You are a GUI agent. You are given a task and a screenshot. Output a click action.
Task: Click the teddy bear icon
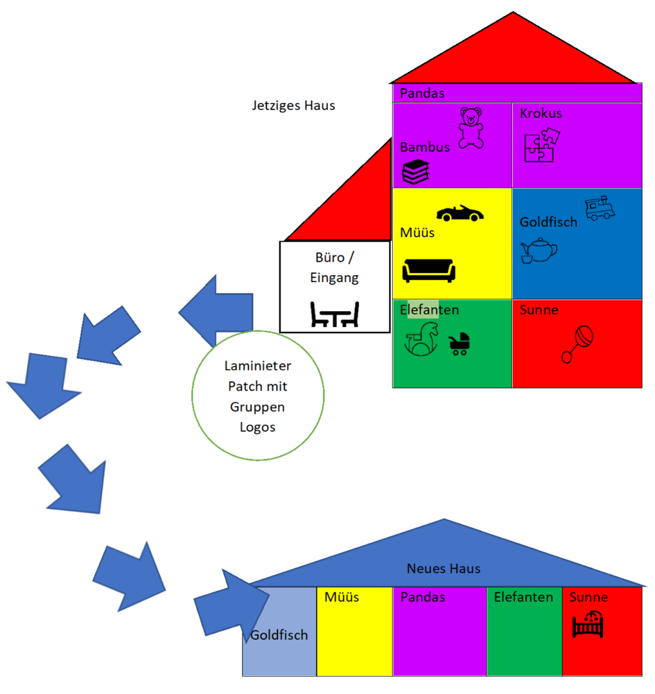(471, 127)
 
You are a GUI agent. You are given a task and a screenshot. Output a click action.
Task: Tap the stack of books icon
(416, 172)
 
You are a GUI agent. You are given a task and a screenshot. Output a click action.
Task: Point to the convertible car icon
(460, 213)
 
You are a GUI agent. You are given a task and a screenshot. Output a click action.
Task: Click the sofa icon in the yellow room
(429, 269)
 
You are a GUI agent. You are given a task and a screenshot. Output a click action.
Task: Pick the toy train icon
(600, 208)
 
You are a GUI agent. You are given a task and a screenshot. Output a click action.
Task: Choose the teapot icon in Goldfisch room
(539, 251)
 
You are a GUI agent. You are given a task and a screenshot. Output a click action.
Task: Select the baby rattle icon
(578, 344)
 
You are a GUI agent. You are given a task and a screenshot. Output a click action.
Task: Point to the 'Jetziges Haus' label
(294, 106)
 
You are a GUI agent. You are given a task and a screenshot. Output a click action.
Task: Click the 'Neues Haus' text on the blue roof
(444, 569)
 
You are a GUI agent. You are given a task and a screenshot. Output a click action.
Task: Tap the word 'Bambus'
(425, 147)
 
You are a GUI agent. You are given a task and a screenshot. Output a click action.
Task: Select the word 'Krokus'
(541, 114)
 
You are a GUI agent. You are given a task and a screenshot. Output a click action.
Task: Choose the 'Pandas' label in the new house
(423, 597)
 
